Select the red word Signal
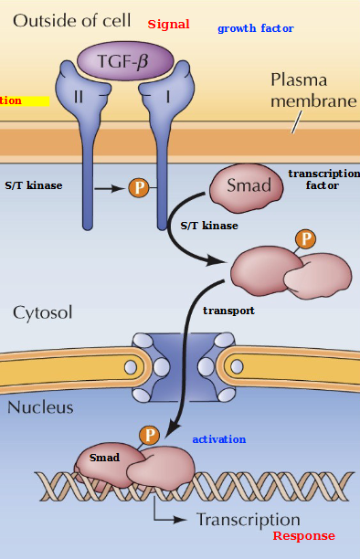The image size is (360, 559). [168, 25]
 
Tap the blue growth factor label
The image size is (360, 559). [255, 28]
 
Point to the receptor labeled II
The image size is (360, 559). [79, 93]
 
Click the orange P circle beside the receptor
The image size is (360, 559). [139, 188]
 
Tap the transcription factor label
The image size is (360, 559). [323, 179]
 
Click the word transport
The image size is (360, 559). [228, 311]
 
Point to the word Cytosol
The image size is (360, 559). [42, 312]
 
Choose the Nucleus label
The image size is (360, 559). [40, 407]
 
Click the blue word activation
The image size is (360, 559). [218, 439]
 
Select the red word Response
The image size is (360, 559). [303, 536]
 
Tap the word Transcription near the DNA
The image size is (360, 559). [249, 520]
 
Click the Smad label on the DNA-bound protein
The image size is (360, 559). [104, 457]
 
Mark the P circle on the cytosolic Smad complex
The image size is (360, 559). [306, 239]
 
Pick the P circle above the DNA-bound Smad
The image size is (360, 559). [149, 436]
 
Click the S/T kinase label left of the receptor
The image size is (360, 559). [34, 185]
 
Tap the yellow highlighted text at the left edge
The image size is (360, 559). [24, 100]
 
